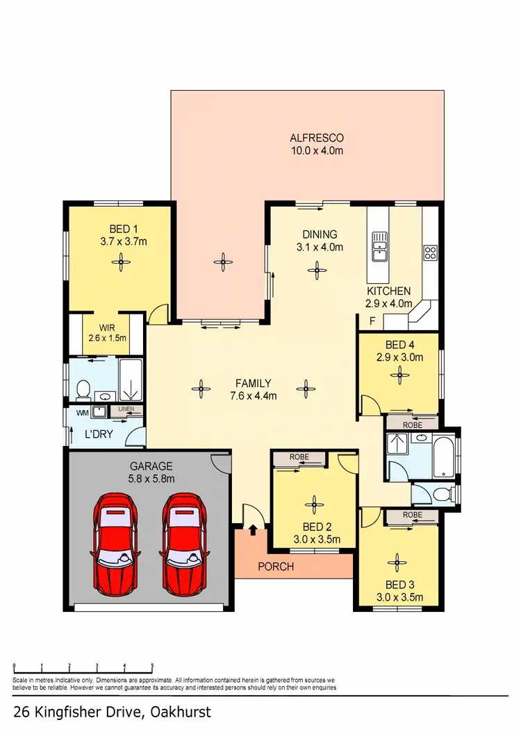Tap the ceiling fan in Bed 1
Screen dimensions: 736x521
122,261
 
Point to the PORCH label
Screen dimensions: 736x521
275,567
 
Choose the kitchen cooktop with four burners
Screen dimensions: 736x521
430,252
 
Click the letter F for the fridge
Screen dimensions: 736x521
372,321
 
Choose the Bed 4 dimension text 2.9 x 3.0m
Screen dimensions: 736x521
399,357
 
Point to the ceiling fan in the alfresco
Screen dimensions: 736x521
223,262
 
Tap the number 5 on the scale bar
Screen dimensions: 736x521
151,667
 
